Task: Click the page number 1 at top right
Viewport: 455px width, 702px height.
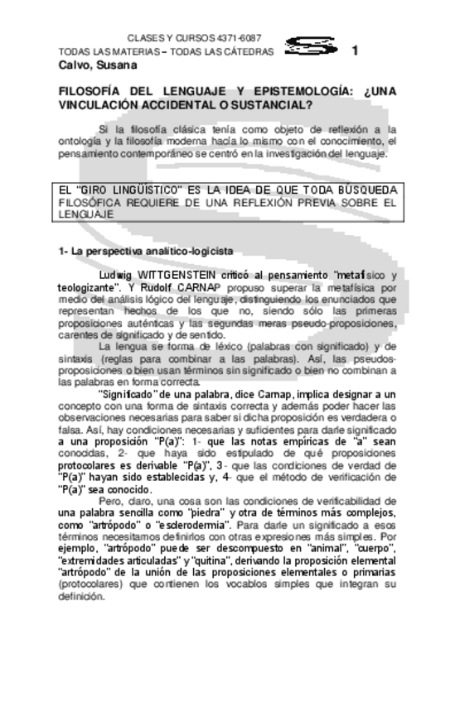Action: (355, 50)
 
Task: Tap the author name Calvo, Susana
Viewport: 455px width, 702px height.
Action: (91, 65)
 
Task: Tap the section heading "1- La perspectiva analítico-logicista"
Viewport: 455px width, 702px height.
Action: (145, 250)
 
